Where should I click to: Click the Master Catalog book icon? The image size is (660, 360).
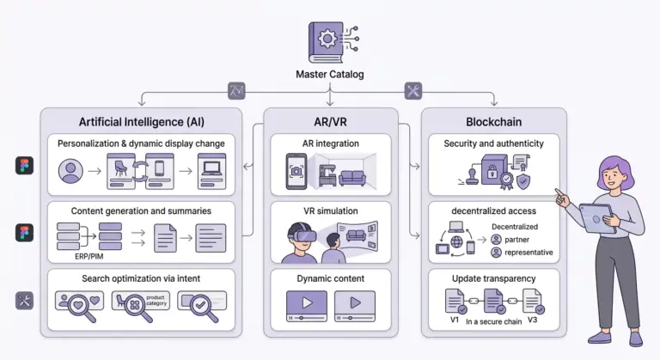tap(327, 42)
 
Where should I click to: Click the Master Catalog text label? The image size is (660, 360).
tap(330, 75)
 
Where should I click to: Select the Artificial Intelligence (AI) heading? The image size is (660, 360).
tap(142, 122)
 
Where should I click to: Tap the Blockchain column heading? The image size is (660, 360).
tap(494, 122)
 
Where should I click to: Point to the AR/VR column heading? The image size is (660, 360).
tap(330, 122)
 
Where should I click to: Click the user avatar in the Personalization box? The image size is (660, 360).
tap(70, 171)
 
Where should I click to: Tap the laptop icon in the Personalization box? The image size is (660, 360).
tap(211, 168)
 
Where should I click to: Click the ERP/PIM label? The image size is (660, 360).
tap(89, 256)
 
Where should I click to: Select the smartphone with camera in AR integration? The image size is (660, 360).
tap(296, 171)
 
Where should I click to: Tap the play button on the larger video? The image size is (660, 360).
tap(308, 302)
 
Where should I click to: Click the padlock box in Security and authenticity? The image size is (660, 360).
tap(492, 169)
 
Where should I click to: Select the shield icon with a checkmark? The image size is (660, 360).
tap(523, 182)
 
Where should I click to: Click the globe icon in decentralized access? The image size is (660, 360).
tap(456, 241)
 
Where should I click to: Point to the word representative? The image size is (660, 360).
tap(529, 253)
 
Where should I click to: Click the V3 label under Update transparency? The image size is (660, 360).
tap(533, 320)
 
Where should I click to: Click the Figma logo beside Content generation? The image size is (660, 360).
tap(24, 233)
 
